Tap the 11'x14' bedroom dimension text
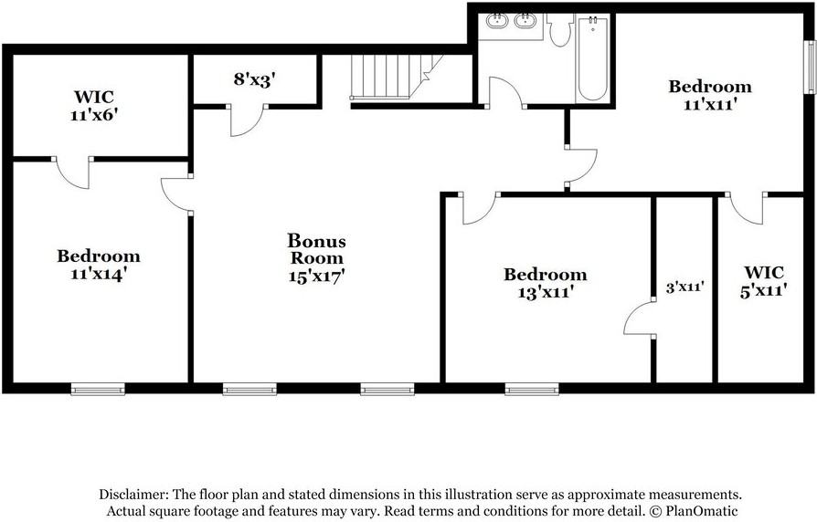(99, 273)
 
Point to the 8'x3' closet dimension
(254, 79)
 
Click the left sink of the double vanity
(497, 21)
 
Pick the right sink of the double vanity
(526, 21)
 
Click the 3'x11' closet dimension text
(684, 287)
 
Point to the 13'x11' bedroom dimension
(546, 292)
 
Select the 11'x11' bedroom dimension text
(710, 104)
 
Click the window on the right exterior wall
(810, 66)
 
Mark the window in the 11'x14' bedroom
(98, 390)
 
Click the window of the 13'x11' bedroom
(532, 390)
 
